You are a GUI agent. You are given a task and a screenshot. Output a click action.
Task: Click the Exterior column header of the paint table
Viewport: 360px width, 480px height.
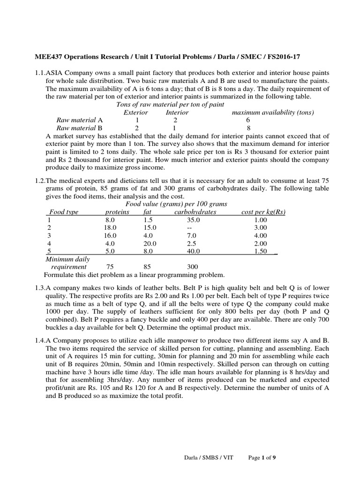135,112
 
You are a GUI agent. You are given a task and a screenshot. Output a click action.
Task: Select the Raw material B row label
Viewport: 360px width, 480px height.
80,127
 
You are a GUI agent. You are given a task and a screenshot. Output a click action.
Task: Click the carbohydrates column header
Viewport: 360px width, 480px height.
195,212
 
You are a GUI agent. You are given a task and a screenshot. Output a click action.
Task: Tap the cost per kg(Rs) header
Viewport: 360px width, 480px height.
263,212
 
